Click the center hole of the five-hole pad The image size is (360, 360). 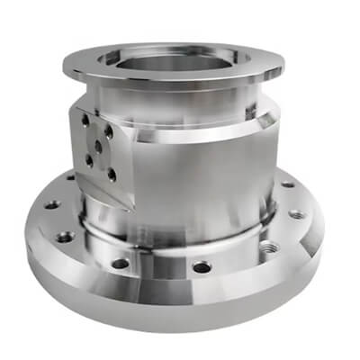(96, 142)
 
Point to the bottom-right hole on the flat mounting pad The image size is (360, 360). (110, 171)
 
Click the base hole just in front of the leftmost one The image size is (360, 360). (65, 238)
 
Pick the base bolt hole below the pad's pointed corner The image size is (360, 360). (120, 265)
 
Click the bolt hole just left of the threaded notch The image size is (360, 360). (202, 267)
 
